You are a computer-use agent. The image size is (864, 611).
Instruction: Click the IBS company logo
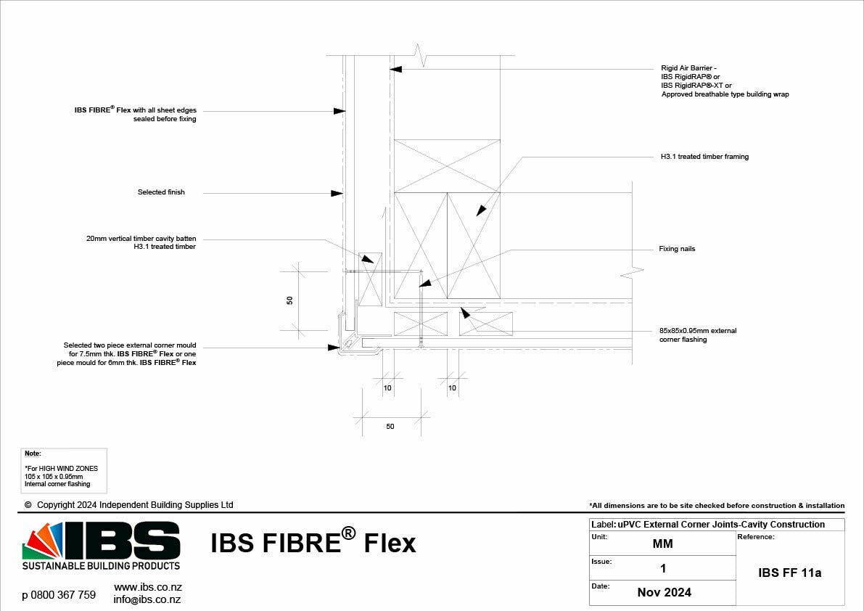click(x=101, y=541)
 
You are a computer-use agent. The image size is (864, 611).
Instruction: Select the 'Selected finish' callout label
click(x=161, y=192)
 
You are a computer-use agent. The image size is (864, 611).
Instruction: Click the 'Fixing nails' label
click(x=677, y=249)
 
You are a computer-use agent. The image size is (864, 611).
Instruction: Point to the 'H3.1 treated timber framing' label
click(x=704, y=157)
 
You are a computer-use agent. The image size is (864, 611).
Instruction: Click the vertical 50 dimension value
click(x=289, y=300)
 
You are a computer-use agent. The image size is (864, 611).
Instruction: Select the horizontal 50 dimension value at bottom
click(x=390, y=427)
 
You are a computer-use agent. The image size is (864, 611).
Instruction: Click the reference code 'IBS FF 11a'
click(x=789, y=573)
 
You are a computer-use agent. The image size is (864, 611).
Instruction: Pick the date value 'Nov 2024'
click(x=664, y=592)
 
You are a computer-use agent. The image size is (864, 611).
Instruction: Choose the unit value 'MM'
click(x=662, y=544)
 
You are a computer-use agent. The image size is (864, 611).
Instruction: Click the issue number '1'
click(x=662, y=568)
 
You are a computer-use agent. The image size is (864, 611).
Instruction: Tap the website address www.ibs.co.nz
click(x=147, y=586)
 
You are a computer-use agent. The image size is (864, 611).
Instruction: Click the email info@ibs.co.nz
click(x=147, y=599)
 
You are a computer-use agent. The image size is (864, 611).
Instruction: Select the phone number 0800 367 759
click(x=59, y=595)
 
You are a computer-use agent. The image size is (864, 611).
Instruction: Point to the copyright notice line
click(x=129, y=505)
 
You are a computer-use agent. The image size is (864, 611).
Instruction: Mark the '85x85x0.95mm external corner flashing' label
click(x=697, y=335)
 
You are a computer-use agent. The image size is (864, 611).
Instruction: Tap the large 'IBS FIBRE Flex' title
click(x=313, y=543)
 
